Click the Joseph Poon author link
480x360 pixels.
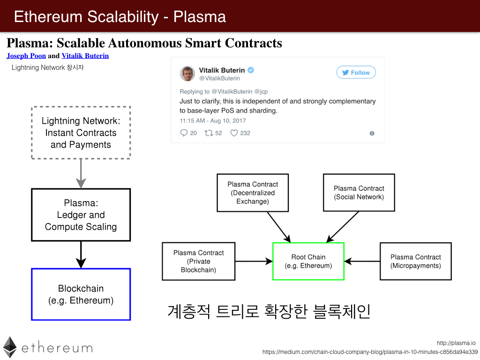coord(26,56)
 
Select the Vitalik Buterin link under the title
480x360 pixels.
coord(85,56)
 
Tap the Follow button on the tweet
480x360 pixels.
coord(356,73)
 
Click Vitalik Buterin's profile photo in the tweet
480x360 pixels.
coord(187,74)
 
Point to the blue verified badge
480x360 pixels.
coord(251,70)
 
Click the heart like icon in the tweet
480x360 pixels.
coord(234,133)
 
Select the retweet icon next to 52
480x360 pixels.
coord(209,133)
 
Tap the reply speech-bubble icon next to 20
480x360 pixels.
coord(184,133)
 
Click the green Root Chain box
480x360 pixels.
coord(308,262)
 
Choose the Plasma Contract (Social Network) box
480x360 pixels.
coord(359,193)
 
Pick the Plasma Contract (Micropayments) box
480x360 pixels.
coord(415,262)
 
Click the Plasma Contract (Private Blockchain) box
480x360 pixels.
coord(198,262)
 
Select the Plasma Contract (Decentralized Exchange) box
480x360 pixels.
coord(253,193)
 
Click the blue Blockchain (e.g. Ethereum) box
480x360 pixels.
coord(81,294)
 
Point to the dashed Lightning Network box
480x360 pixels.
coord(81,133)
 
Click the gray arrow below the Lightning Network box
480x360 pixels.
coord(81,173)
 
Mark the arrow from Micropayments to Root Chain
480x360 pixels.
coord(362,262)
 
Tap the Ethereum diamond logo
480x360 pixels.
coord(10,347)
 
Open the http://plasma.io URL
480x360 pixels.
coord(456,343)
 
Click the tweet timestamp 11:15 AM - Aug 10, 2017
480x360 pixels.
coord(213,120)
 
